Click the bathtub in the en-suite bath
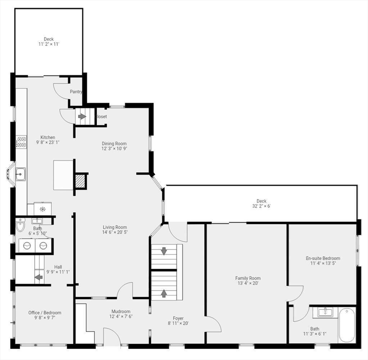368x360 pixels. pos(347,325)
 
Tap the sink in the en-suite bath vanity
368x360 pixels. pos(324,312)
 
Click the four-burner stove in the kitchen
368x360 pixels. pos(22,142)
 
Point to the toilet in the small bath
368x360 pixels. pos(20,227)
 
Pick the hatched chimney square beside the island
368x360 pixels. pos(81,181)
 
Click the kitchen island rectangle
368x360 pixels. pos(64,175)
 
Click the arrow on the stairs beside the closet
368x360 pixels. pos(82,116)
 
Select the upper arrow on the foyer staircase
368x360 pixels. pos(164,251)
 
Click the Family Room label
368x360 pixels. pos(248,278)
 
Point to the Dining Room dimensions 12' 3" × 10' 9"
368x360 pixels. pos(114,149)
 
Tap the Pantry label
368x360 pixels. pos(76,92)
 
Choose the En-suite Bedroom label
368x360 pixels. pos(323,258)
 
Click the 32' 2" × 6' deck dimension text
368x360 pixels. pos(261,206)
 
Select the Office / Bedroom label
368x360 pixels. pos(44,313)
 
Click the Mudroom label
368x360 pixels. pos(121,311)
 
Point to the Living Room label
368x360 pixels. pos(115,227)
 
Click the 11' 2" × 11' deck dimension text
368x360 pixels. pos(49,44)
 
